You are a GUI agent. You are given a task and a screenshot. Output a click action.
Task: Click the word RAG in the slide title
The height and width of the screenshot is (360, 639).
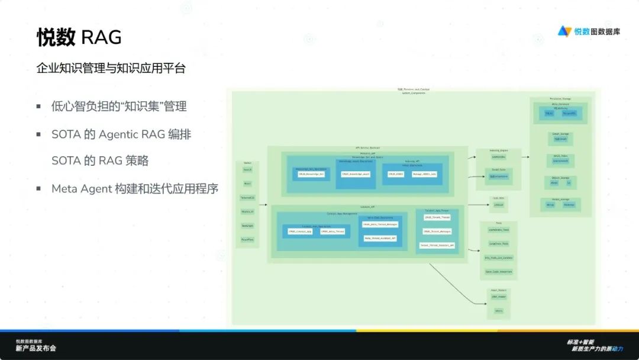101,37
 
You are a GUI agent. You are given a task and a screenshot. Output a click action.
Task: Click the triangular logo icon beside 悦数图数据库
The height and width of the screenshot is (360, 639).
564,31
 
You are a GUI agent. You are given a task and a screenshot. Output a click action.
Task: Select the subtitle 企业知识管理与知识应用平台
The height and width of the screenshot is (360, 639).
111,69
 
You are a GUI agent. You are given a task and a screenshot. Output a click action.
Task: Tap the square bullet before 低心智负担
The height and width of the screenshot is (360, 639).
38,107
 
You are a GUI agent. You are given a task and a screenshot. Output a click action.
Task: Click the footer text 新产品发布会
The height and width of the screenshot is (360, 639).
35,349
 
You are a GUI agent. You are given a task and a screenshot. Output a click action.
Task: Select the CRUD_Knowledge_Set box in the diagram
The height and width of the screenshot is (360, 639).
311,174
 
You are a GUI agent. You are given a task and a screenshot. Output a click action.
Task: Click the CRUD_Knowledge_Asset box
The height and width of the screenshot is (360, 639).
356,174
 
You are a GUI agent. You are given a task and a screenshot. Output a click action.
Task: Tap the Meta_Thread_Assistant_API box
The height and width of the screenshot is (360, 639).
380,238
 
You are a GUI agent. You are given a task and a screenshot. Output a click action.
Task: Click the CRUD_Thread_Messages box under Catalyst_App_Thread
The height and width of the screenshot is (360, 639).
437,232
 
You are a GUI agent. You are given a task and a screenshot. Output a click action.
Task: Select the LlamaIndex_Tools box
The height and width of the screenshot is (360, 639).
498,229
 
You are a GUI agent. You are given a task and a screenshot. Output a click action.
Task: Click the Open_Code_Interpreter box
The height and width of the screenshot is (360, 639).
498,272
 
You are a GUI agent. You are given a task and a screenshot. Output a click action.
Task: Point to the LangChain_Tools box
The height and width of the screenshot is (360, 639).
498,243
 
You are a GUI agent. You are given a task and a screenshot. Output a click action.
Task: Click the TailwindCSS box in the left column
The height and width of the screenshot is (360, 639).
247,197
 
